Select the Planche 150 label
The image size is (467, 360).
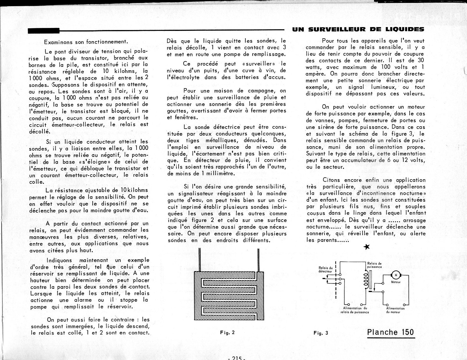point(390,332)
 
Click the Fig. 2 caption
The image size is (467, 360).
point(227,333)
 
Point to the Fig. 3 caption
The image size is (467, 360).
point(321,333)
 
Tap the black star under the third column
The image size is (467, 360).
point(366,247)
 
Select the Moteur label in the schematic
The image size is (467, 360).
point(396,282)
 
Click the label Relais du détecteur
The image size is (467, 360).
point(325,269)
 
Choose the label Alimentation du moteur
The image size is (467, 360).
point(395,310)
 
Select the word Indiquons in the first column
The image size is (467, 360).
point(60,260)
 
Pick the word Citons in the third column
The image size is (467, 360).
point(331,180)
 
